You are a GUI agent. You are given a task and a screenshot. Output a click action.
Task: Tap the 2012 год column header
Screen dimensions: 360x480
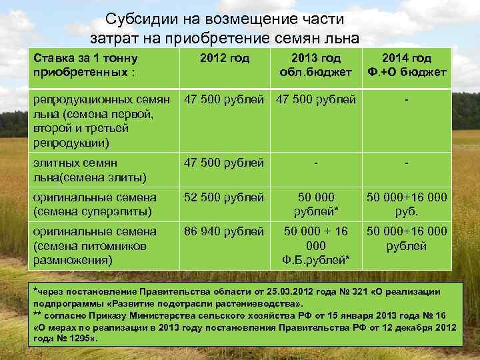point(225,59)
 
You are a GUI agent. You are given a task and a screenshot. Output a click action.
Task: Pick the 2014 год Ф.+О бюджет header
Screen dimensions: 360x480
point(406,65)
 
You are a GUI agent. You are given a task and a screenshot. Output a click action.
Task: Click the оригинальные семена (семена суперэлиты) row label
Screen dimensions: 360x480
point(94,205)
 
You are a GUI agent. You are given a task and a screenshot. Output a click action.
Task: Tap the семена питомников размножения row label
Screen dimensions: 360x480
point(94,245)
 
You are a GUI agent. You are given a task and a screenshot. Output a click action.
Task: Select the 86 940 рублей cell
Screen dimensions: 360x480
point(225,232)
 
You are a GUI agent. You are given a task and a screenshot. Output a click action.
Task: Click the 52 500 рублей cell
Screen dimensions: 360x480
point(225,198)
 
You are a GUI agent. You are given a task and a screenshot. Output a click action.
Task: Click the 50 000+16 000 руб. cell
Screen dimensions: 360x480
point(406,205)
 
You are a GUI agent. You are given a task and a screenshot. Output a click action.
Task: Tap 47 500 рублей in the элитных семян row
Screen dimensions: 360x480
point(225,163)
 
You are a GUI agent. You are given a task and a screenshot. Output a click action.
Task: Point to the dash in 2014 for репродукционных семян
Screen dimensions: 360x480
point(406,100)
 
